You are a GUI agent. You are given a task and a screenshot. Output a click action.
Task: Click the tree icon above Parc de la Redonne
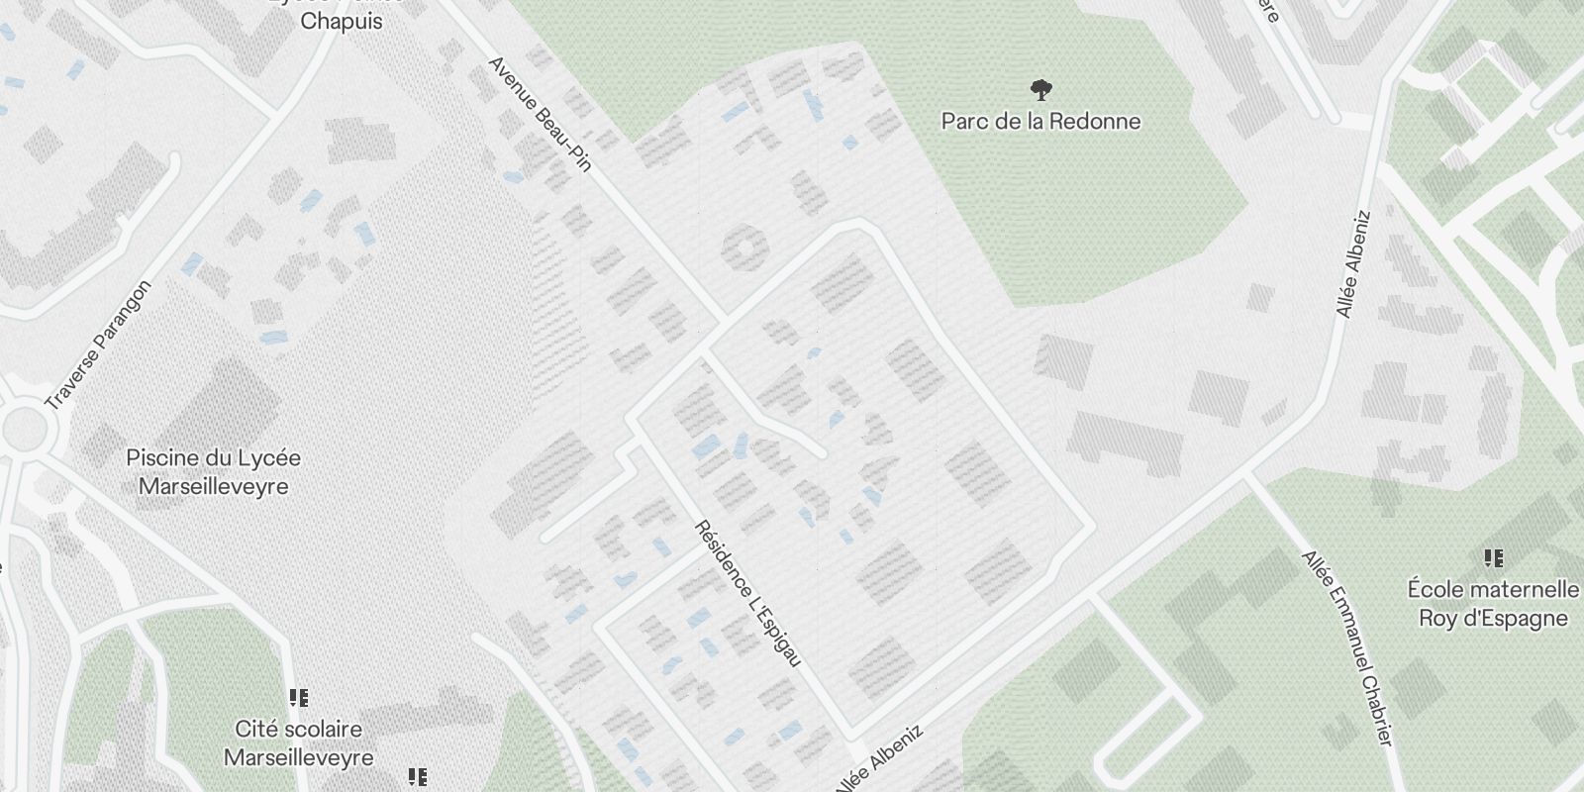pyautogui.click(x=1040, y=91)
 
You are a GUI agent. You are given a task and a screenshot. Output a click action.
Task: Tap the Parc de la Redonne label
pyautogui.click(x=1040, y=122)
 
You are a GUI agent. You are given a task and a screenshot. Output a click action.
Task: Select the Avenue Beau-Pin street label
pyautogui.click(x=540, y=114)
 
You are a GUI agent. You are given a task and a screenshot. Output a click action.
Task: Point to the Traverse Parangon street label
pyautogui.click(x=99, y=346)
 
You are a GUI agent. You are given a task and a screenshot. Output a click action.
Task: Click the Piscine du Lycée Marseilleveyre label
pyautogui.click(x=214, y=472)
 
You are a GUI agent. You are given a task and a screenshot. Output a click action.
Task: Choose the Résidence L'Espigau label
pyautogui.click(x=747, y=593)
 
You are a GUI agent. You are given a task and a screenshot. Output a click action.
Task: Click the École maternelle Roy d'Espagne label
pyautogui.click(x=1493, y=604)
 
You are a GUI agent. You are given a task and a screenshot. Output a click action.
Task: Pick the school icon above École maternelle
pyautogui.click(x=1493, y=559)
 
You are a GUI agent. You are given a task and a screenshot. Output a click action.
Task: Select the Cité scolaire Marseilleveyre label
pyautogui.click(x=299, y=743)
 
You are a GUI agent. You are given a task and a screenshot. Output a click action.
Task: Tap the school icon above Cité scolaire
pyautogui.click(x=299, y=699)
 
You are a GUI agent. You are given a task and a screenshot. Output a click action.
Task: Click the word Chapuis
pyautogui.click(x=341, y=21)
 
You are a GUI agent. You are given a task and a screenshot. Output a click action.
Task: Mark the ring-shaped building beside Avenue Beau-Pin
pyautogui.click(x=744, y=247)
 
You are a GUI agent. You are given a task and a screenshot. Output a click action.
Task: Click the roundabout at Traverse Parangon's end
pyautogui.click(x=24, y=428)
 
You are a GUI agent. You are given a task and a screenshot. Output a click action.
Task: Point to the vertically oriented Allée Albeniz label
pyautogui.click(x=1352, y=263)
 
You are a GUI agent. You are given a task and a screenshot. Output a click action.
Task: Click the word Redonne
pyautogui.click(x=1093, y=122)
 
